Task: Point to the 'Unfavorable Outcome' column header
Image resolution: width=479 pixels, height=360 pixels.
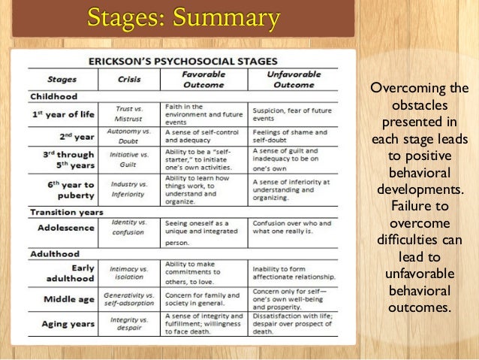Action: tap(294, 79)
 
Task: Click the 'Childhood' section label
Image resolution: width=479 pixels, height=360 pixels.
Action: tap(53, 96)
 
